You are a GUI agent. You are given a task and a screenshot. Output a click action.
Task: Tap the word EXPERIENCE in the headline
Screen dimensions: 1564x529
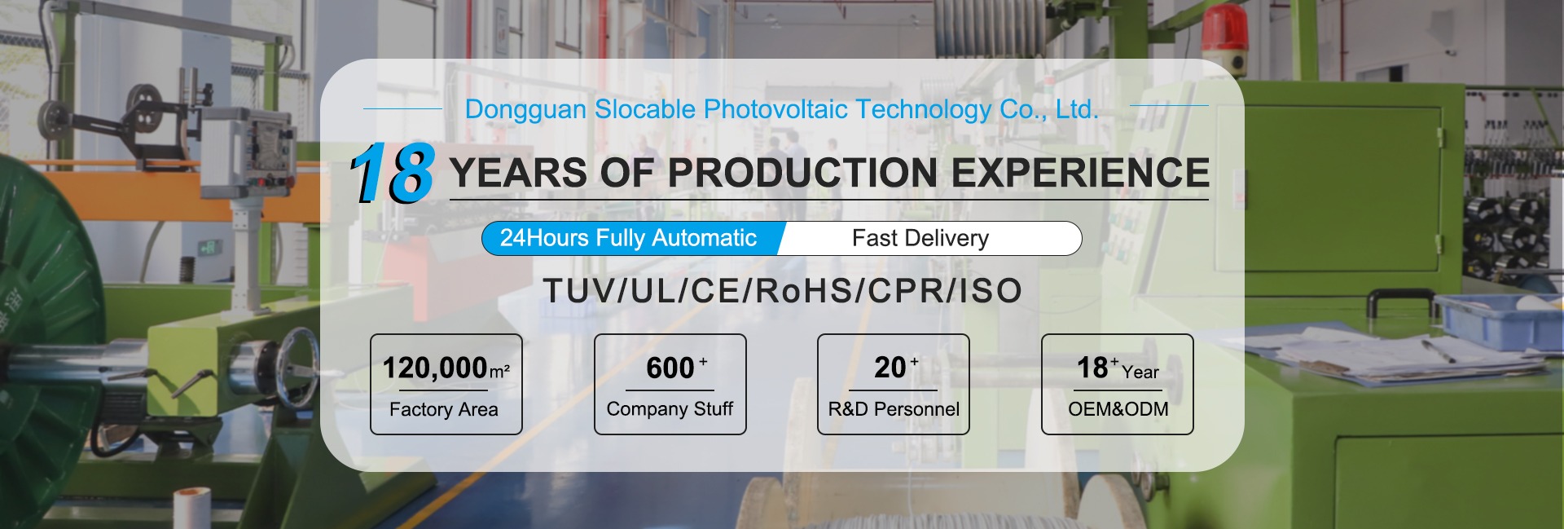(1080, 173)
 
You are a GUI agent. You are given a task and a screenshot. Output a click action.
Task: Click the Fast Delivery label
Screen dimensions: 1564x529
(920, 238)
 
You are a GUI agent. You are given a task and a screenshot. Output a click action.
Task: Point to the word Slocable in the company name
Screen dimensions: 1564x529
(645, 109)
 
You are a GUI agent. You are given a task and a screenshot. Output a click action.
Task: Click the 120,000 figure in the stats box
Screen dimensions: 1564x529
(435, 368)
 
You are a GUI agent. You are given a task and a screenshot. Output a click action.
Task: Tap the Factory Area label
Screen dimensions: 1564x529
(444, 409)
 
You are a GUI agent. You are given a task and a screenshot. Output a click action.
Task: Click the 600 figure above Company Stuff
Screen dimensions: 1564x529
(670, 368)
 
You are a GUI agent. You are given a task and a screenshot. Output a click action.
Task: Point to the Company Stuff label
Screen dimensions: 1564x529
(670, 408)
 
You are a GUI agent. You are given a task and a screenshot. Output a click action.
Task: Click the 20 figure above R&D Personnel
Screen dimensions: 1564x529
(890, 368)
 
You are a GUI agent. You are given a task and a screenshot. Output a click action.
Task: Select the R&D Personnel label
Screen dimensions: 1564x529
(894, 409)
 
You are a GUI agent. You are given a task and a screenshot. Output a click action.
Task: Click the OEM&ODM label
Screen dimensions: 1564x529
(1118, 409)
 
